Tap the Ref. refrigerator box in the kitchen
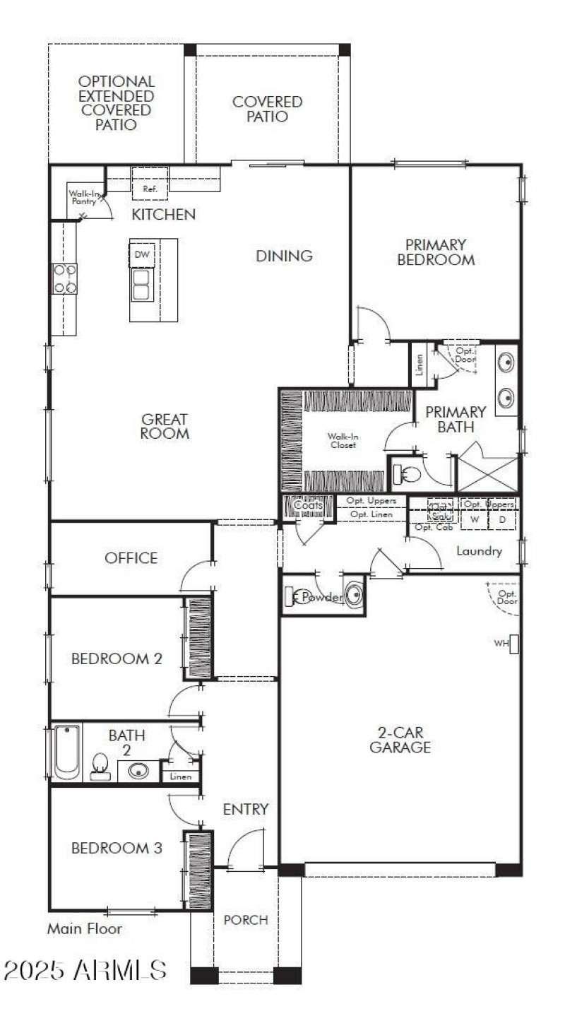click(150, 189)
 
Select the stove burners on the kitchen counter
click(64, 278)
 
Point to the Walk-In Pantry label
click(82, 197)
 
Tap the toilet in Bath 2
click(100, 767)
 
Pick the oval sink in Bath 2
click(138, 769)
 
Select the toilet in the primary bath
click(405, 473)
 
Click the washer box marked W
click(475, 519)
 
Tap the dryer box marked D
click(502, 519)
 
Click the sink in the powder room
click(354, 596)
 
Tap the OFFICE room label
click(131, 558)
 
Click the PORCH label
click(246, 920)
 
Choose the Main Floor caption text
click(84, 928)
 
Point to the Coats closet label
click(308, 505)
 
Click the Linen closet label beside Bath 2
click(181, 776)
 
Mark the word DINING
click(284, 256)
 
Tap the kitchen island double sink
click(141, 284)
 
